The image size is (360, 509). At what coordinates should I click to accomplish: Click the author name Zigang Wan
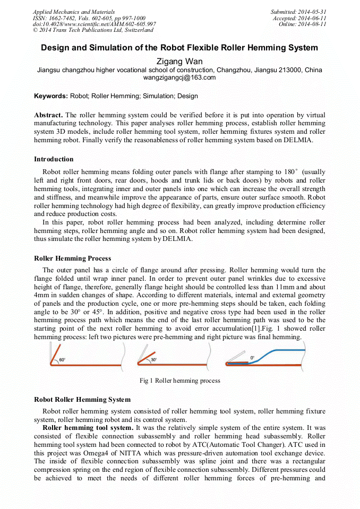[x=179, y=62]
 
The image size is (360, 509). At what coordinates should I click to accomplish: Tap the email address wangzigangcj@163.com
[x=179, y=77]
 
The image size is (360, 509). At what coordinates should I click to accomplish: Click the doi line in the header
[x=95, y=24]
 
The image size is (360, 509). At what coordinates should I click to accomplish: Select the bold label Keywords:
[x=51, y=96]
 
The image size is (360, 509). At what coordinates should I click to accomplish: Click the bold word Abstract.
[x=48, y=115]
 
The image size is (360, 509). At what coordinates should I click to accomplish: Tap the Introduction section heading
[x=54, y=159]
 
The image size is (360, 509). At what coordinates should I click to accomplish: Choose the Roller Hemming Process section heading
[x=72, y=258]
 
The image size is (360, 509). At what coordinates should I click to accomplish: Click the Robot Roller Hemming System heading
[x=82, y=400]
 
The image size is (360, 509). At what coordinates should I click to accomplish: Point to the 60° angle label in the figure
[x=62, y=360]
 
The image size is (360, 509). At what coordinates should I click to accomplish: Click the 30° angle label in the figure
[x=153, y=360]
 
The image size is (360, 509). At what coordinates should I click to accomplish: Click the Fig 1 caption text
[x=179, y=381]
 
